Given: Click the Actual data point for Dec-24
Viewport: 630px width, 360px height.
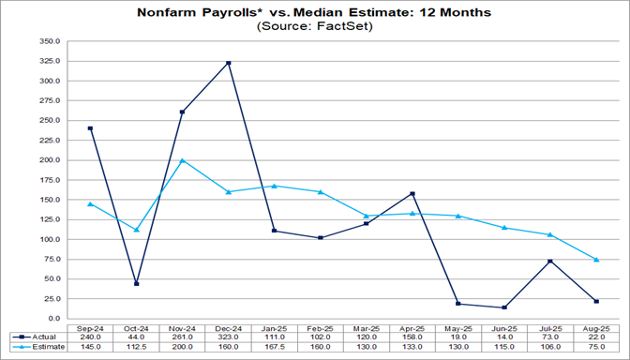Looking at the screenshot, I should (229, 63).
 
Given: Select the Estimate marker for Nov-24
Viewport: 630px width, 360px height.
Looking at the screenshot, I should (183, 160).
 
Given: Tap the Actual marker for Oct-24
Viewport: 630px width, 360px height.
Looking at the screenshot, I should (137, 283).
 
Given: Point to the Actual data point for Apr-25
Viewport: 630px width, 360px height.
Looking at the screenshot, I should (412, 194).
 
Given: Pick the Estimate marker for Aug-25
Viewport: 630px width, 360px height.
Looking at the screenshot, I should (596, 259).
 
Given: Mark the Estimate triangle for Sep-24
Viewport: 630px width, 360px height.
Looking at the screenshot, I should (91, 203).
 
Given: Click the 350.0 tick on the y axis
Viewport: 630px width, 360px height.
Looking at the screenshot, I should (49, 42).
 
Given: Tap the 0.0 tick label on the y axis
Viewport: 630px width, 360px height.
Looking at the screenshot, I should (53, 319).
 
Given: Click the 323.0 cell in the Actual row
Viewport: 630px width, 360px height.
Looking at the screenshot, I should (229, 337).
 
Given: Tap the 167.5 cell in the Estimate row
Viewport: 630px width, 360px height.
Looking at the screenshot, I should (275, 347).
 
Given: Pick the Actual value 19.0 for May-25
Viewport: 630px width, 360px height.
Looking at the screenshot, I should (458, 337).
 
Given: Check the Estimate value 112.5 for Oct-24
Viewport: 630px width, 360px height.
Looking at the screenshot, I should (137, 347).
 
